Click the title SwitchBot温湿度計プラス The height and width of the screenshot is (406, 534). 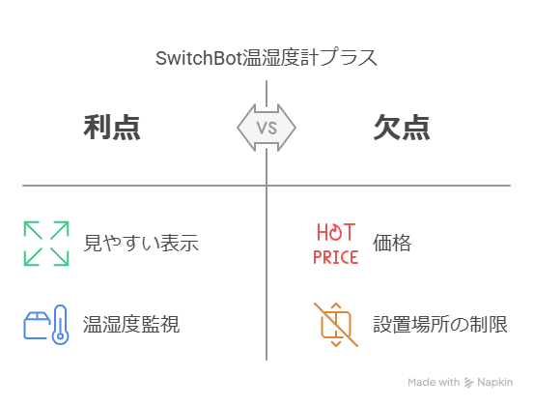coord(267,58)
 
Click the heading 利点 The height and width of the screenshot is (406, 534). coord(112,128)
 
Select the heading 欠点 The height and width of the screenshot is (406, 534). coord(402,128)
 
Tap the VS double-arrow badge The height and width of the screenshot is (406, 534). coord(267,128)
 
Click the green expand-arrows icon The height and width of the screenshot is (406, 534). coord(46,244)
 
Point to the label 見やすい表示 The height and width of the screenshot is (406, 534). coord(141,243)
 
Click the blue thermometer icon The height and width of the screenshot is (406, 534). coord(60,325)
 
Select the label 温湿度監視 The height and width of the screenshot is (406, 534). coord(131,324)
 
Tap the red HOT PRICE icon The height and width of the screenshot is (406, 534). coord(336,244)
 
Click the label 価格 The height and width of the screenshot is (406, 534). coord(392,243)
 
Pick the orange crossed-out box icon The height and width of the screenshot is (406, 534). coord(336,325)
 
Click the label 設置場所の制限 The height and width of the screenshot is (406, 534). coord(440,324)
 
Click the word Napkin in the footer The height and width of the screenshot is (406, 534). coord(494,382)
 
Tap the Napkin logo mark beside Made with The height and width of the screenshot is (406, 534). coord(468,383)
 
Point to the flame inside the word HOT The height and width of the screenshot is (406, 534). coord(336,233)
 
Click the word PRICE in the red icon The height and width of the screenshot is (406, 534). coord(336,257)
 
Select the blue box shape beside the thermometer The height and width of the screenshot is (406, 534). coord(37,326)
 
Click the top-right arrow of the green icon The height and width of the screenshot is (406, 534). coord(60,230)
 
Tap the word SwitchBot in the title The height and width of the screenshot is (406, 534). coord(199,58)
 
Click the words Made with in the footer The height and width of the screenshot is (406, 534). coord(434,382)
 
